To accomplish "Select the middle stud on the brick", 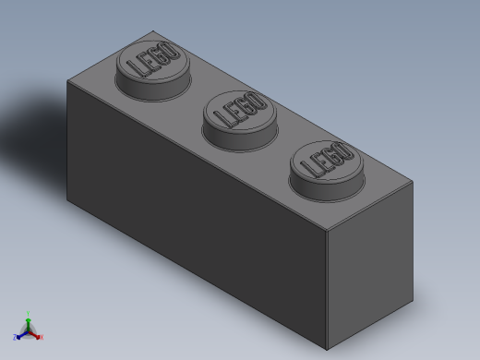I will pos(239,114).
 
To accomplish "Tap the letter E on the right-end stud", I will pos(318,164).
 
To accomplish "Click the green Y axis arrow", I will pos(29,318).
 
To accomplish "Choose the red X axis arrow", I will pos(37,336).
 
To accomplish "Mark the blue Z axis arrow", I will pos(19,335).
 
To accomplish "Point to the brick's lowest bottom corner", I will pos(327,350).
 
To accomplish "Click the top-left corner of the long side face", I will pos(67,80).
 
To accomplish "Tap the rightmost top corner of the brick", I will pos(413,182).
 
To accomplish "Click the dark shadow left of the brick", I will pos(32,129).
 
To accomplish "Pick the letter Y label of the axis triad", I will pos(29,313).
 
